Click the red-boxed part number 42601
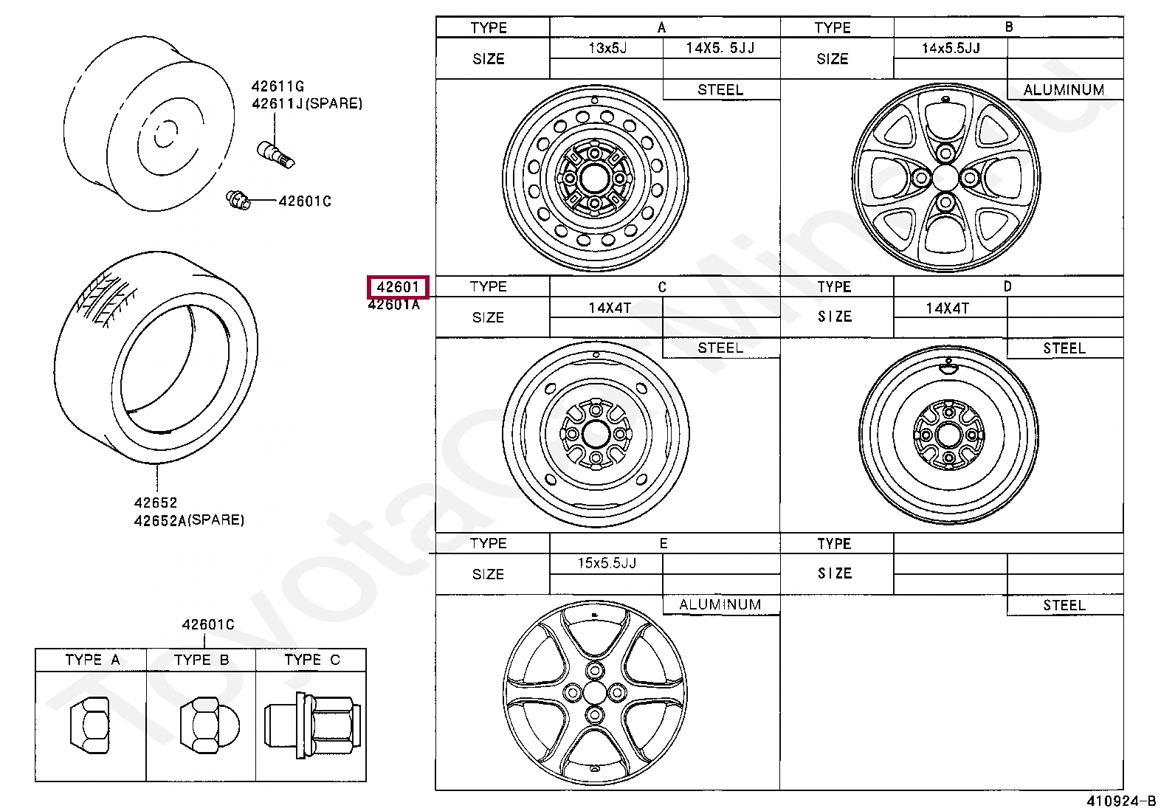point(398,287)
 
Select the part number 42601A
point(394,305)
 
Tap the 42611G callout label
point(278,86)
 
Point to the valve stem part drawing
point(275,155)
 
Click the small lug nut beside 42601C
point(238,199)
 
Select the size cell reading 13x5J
point(607,48)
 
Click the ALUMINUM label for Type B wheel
point(1064,90)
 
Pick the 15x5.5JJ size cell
point(607,563)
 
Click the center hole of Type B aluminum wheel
point(945,178)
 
